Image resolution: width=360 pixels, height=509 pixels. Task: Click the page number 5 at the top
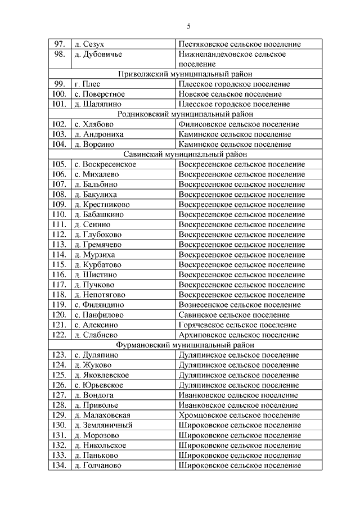(x=189, y=26)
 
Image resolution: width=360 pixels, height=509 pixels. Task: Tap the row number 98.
(x=59, y=54)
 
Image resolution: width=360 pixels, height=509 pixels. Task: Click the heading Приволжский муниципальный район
(x=184, y=74)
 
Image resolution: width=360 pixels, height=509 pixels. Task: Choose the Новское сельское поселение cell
(x=229, y=94)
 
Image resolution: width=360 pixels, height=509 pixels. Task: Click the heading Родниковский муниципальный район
(x=184, y=114)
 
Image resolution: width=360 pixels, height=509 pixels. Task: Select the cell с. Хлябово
(x=93, y=124)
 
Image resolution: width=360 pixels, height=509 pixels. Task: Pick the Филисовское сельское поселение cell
(x=238, y=124)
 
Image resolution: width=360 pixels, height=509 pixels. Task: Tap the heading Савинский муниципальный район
(x=184, y=154)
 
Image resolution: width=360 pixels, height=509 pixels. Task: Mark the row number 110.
(x=58, y=214)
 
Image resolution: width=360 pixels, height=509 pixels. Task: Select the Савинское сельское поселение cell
(x=233, y=315)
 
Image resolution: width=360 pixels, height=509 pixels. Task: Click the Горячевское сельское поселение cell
(x=237, y=325)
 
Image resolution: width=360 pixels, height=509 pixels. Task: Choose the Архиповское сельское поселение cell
(x=238, y=335)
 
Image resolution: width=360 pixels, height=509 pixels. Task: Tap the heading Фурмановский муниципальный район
(x=184, y=345)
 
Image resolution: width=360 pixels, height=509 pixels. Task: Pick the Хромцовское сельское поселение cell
(x=238, y=415)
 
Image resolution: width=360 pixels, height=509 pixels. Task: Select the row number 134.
(x=58, y=466)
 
